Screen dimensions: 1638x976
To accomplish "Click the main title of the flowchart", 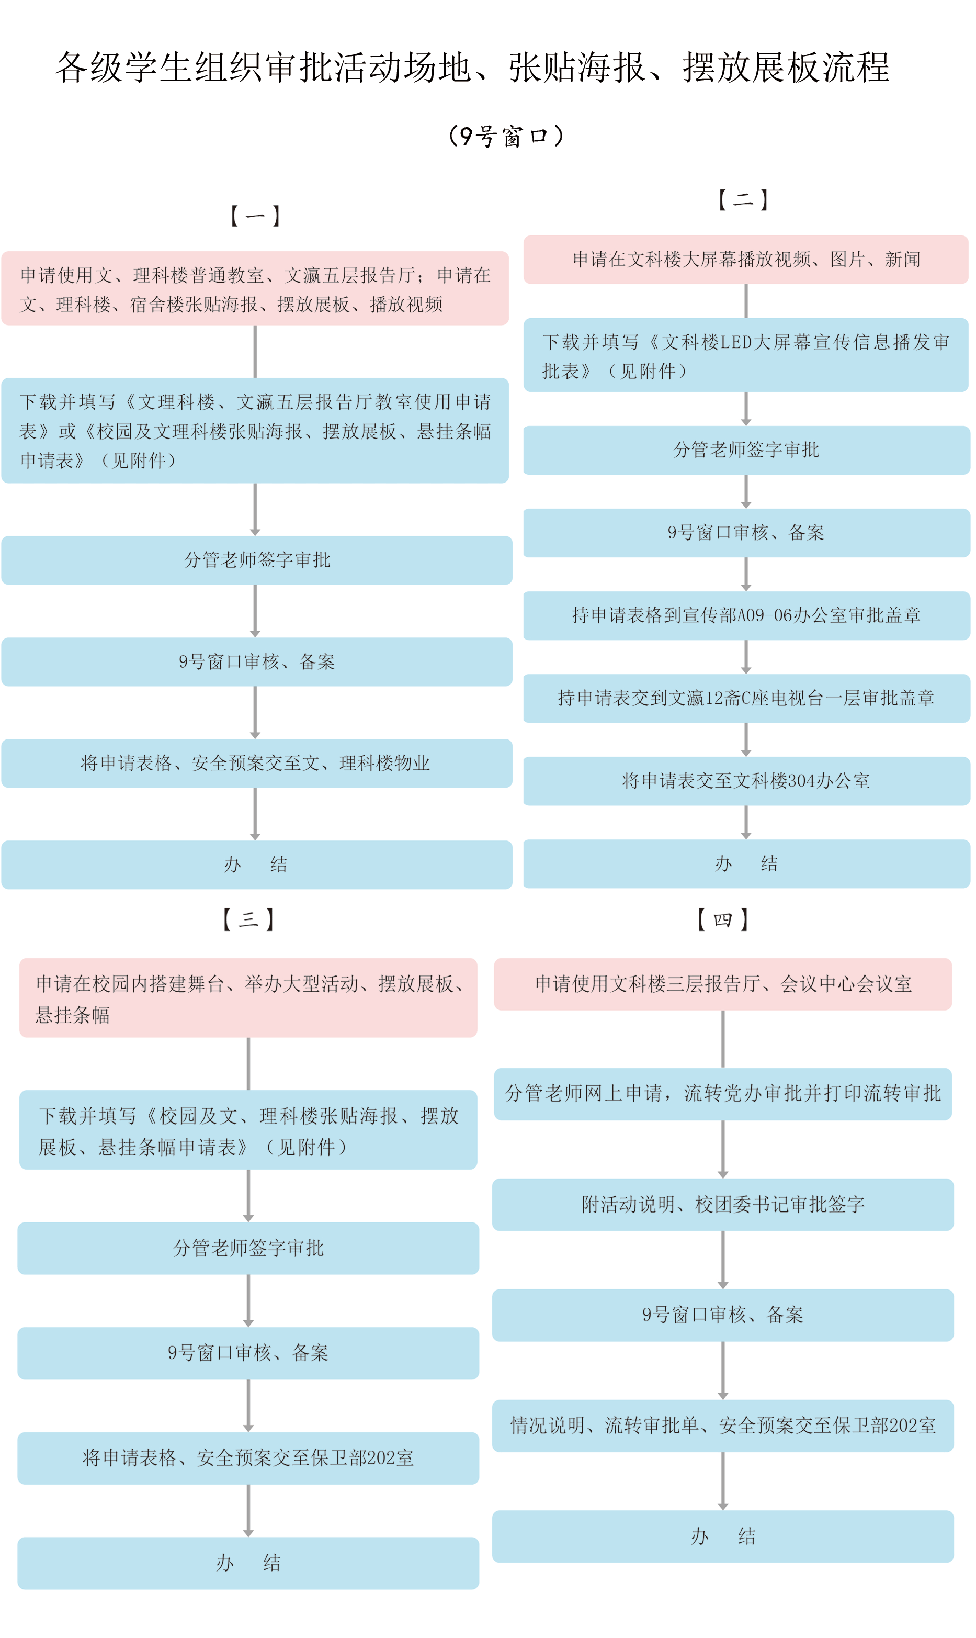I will click(x=472, y=67).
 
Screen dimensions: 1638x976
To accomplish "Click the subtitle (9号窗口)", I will click(x=505, y=136).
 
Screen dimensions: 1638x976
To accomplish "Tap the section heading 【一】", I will click(x=255, y=216).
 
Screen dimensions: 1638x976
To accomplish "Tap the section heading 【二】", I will click(x=743, y=199).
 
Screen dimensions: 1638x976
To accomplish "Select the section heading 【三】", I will click(x=248, y=919).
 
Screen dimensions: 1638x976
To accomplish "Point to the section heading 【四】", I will click(x=722, y=919).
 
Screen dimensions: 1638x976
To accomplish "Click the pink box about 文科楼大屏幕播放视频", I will click(x=746, y=259).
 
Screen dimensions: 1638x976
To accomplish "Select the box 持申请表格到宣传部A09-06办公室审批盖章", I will click(x=746, y=615).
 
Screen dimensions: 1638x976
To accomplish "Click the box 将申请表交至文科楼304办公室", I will click(x=746, y=781).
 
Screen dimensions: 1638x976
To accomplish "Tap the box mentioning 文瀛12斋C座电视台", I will click(x=746, y=698).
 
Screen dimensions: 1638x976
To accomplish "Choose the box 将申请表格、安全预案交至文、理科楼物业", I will click(x=256, y=763).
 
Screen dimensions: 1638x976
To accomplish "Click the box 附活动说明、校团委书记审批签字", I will click(x=722, y=1205).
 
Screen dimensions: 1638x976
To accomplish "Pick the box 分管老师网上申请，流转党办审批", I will click(x=722, y=1093).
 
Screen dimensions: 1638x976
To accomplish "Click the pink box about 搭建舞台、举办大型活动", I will click(x=248, y=998).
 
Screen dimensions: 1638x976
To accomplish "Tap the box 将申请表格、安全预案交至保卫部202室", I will click(x=248, y=1458).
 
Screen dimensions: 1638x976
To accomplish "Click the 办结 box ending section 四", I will click(x=722, y=1536).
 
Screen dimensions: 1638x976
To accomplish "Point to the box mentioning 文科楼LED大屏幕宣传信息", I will click(x=746, y=355).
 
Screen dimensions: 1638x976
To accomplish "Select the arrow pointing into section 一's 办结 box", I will click(x=255, y=814).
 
